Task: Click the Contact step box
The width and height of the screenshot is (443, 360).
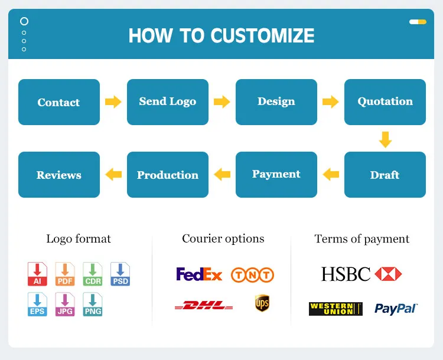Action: click(x=58, y=102)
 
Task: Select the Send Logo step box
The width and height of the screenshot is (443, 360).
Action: click(x=167, y=102)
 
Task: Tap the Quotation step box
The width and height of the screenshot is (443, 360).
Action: click(x=385, y=102)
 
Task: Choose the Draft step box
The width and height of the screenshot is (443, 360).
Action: click(x=385, y=175)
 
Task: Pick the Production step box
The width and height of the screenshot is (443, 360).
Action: click(x=167, y=175)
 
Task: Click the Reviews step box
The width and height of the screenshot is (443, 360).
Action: click(x=58, y=175)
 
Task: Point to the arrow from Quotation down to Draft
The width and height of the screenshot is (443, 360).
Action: click(x=385, y=139)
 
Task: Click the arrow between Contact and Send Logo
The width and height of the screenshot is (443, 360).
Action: click(x=113, y=102)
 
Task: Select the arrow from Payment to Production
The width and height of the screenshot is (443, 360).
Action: click(x=222, y=174)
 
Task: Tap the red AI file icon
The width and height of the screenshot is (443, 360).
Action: click(x=37, y=274)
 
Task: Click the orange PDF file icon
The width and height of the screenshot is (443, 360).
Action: click(x=65, y=274)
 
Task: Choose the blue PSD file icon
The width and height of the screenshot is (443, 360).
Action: click(x=120, y=274)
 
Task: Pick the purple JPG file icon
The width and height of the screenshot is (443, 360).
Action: click(x=65, y=305)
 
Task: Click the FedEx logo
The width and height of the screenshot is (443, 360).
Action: click(x=199, y=274)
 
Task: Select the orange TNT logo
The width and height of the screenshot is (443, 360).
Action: click(x=252, y=274)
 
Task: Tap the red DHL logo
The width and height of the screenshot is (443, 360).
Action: click(x=204, y=305)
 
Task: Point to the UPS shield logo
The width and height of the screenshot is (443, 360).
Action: click(x=262, y=303)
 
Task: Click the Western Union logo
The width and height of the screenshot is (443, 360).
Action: click(x=335, y=309)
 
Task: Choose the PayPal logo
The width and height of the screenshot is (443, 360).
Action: click(x=396, y=309)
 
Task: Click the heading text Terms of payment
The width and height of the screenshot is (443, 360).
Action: click(x=361, y=239)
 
